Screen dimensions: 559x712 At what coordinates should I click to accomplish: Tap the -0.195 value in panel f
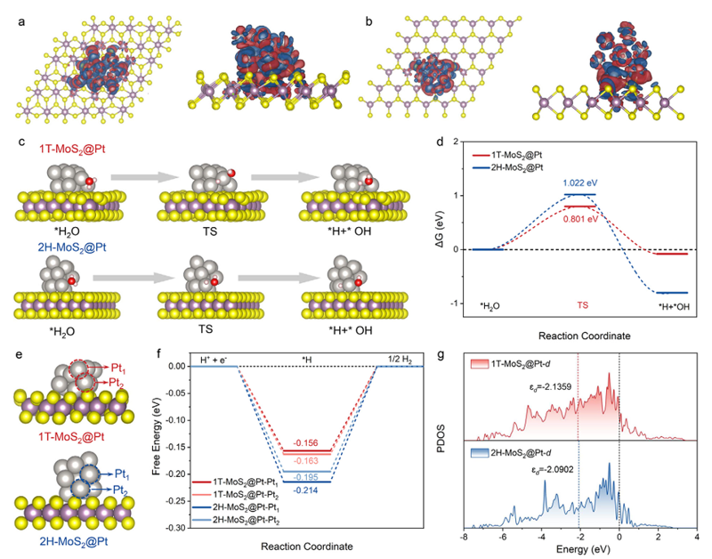point(305,466)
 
